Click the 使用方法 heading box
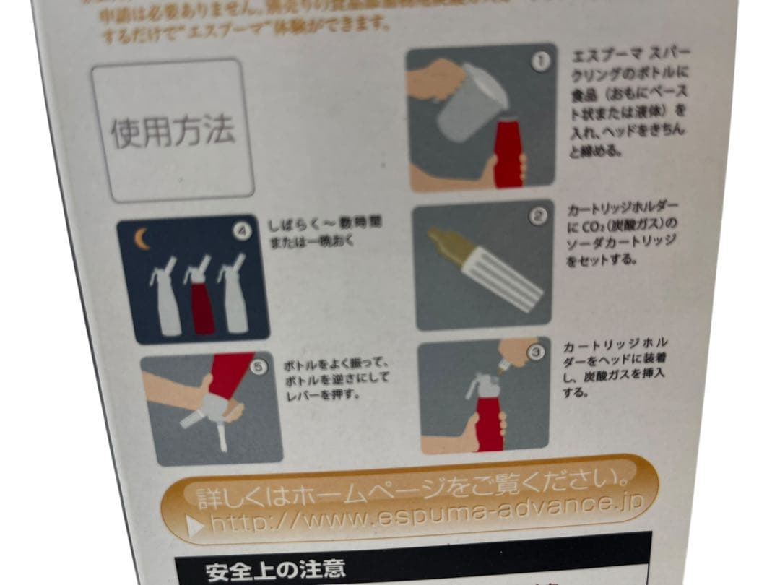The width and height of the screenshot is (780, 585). (173, 130)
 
